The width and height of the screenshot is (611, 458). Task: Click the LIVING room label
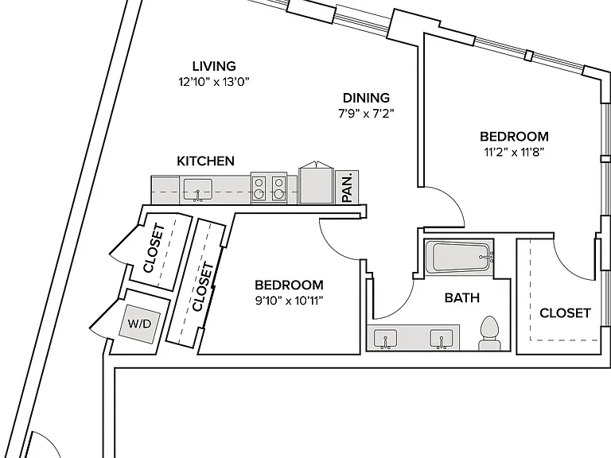214,66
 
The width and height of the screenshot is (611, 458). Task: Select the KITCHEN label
205,161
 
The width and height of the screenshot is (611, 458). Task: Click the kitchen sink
198,189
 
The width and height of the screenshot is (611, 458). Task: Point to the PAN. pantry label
347,188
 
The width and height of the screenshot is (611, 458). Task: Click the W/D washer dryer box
139,324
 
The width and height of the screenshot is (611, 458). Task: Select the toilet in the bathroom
489,334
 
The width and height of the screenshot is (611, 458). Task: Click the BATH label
461,298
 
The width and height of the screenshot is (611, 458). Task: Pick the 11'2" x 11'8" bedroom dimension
514,152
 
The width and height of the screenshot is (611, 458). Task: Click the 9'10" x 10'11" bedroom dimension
289,301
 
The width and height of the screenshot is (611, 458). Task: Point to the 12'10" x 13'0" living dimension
213,82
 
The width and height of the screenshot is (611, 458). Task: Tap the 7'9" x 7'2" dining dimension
366,114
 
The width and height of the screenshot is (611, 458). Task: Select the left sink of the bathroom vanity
385,339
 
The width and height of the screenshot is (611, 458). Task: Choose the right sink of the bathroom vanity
442,339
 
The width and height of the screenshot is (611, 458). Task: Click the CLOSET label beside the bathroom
565,313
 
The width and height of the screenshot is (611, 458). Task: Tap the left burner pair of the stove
258,188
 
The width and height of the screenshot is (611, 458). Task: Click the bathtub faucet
486,257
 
